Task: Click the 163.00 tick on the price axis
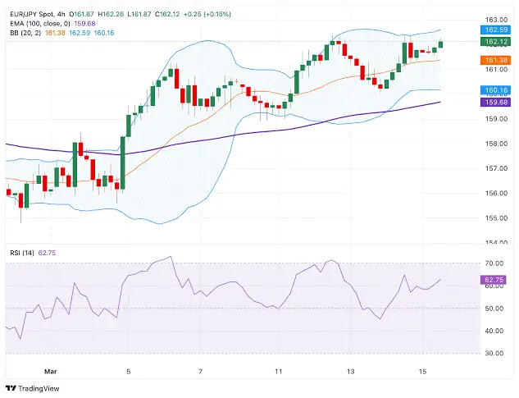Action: [494, 19]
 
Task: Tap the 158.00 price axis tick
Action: [494, 143]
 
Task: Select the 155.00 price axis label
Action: [494, 217]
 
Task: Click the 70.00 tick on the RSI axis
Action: [494, 263]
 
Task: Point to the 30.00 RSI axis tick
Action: [494, 353]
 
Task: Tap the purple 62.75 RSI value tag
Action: [494, 280]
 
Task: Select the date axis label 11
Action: [278, 371]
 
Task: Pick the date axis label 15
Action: [421, 371]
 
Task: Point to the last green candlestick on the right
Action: [442, 43]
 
